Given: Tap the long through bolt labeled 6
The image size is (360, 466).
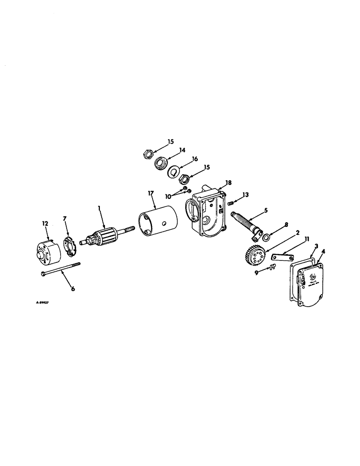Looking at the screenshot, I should point(60,268).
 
